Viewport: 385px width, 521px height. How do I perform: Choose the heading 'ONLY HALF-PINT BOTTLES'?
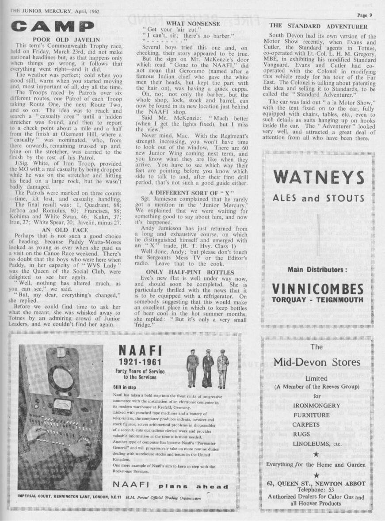pos(196,271)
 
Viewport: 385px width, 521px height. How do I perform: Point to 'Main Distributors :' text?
pos(317,269)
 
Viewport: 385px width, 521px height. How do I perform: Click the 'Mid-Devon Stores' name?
pos(317,362)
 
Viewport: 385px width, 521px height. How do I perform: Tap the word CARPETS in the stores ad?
pos(317,425)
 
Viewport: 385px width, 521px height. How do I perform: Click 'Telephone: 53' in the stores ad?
pos(317,489)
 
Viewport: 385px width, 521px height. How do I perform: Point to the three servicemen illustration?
pos(207,362)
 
